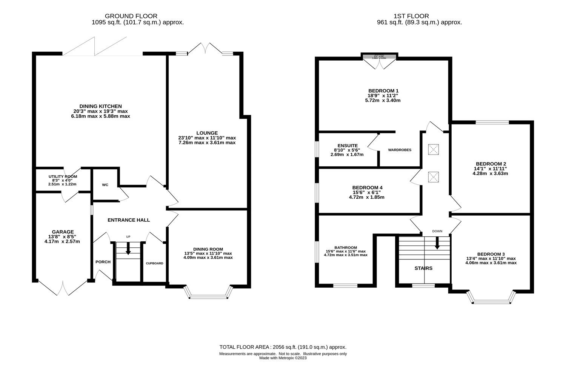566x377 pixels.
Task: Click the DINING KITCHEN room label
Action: click(x=100, y=106)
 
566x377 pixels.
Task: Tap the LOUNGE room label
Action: click(x=207, y=133)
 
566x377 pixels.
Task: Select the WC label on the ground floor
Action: click(x=105, y=185)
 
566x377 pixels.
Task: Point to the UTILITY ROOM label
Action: click(x=63, y=176)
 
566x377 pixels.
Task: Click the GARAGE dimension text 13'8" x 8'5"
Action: click(x=63, y=237)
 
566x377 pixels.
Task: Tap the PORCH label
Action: click(x=103, y=262)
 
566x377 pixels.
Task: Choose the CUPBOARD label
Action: click(x=155, y=263)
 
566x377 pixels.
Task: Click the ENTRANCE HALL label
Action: click(x=129, y=220)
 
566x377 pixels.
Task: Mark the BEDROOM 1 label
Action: click(x=383, y=91)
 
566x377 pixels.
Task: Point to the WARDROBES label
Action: click(x=400, y=150)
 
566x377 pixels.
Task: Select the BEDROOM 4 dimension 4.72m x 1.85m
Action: click(x=367, y=197)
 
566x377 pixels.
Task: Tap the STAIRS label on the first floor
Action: click(x=423, y=268)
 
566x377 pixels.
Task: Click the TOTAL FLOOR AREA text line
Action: click(x=283, y=347)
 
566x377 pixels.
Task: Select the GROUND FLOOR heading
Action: click(x=131, y=16)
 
